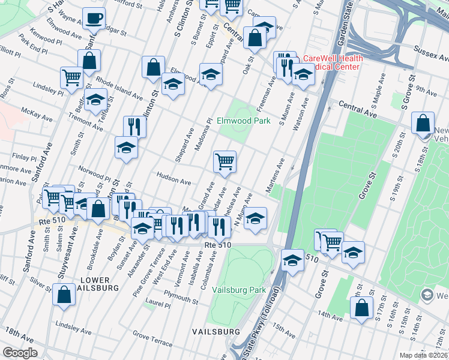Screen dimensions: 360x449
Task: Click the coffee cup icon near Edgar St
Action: point(93,18)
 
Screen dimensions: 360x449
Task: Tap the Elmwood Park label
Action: point(243,121)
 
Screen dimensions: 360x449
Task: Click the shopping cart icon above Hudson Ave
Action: point(224,161)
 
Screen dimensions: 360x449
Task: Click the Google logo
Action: point(20,353)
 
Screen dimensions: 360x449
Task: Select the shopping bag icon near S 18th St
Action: point(423,123)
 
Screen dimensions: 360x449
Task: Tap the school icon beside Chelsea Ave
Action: point(255,218)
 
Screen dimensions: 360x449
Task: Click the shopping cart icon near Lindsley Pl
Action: point(71,77)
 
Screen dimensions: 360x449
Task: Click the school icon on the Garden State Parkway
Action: point(292,260)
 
